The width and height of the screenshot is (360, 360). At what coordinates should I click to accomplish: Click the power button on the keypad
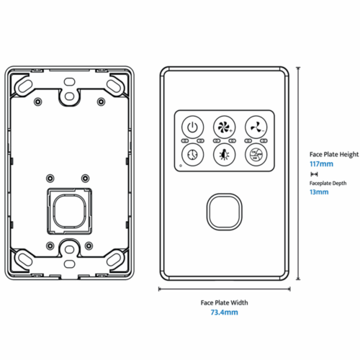click(x=192, y=127)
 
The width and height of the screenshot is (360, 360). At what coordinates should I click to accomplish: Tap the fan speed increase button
click(x=223, y=127)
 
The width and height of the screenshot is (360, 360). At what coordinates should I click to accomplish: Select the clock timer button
click(x=192, y=154)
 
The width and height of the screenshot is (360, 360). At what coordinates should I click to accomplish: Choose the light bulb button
click(x=223, y=154)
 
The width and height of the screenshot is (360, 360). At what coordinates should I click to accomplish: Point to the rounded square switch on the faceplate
click(x=223, y=210)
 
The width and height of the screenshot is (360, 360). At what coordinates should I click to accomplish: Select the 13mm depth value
click(x=318, y=192)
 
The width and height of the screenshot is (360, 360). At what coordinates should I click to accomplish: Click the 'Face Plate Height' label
click(x=333, y=154)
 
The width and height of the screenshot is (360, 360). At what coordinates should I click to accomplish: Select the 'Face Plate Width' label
click(x=223, y=302)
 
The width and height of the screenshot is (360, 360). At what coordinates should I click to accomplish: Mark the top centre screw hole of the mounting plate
click(x=68, y=94)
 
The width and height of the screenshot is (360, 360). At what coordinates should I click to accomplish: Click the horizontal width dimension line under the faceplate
click(x=223, y=289)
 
